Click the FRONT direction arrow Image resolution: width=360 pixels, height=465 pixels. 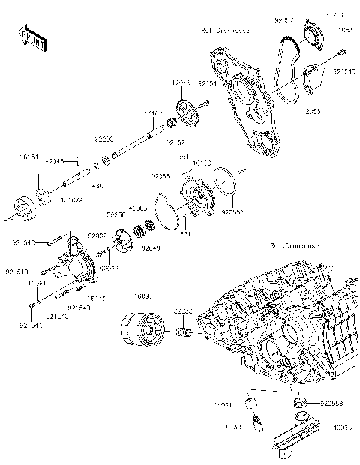pyautogui.click(x=29, y=35)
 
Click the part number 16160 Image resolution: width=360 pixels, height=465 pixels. pyautogui.click(x=202, y=161)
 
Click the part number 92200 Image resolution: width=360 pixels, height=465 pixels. pyautogui.click(x=103, y=139)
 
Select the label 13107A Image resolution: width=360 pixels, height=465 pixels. pyautogui.click(x=72, y=201)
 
